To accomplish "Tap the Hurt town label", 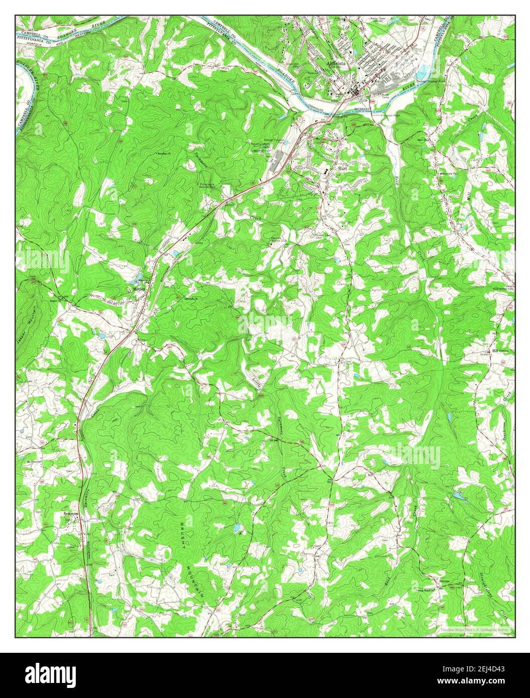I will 343,170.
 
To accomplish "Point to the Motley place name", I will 139,289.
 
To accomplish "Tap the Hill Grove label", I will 500,351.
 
